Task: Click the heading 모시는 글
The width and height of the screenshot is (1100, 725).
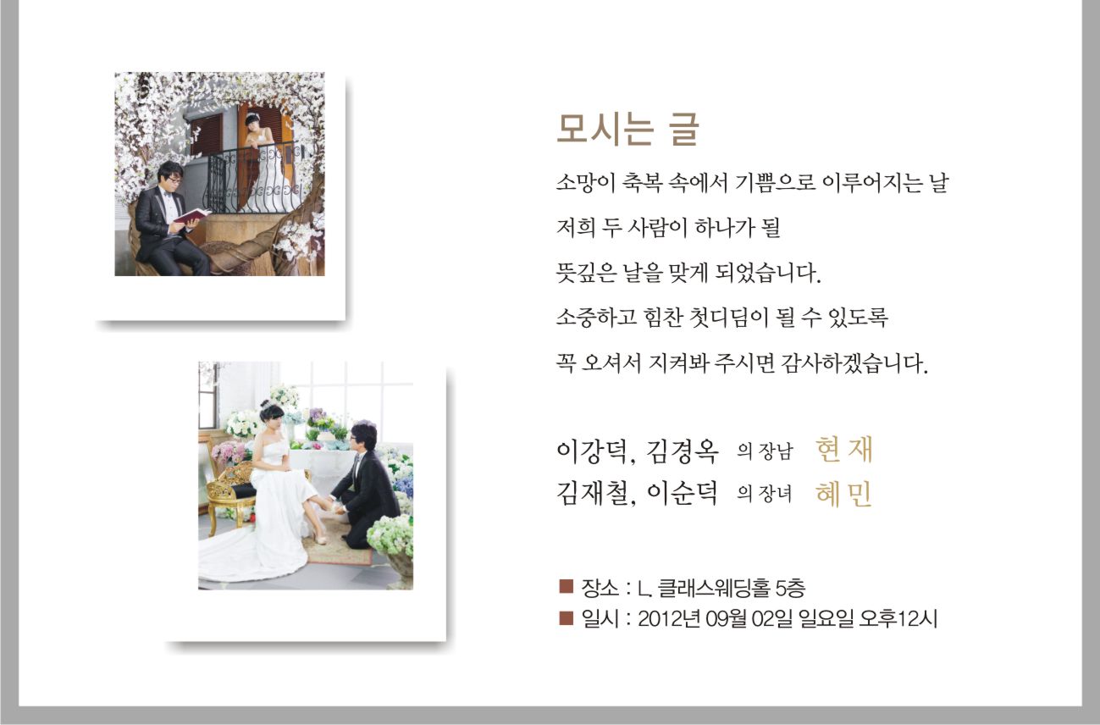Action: pos(627,129)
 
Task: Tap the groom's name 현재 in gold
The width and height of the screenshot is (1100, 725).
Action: pos(843,450)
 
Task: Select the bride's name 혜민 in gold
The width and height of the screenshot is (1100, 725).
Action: pos(843,494)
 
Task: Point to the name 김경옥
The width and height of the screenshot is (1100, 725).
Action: pos(682,451)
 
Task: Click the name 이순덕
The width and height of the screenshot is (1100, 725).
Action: pos(682,493)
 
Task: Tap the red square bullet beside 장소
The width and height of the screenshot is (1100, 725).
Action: pos(567,586)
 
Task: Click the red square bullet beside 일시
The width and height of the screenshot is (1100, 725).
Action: pos(567,618)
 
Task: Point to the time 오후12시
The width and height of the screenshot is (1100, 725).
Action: pos(898,619)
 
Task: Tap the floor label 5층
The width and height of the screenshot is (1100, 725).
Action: pos(790,588)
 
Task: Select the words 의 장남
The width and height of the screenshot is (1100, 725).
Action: pos(765,451)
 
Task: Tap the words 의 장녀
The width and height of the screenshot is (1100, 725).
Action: pos(765,494)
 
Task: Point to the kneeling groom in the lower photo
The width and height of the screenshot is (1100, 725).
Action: pos(364,486)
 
